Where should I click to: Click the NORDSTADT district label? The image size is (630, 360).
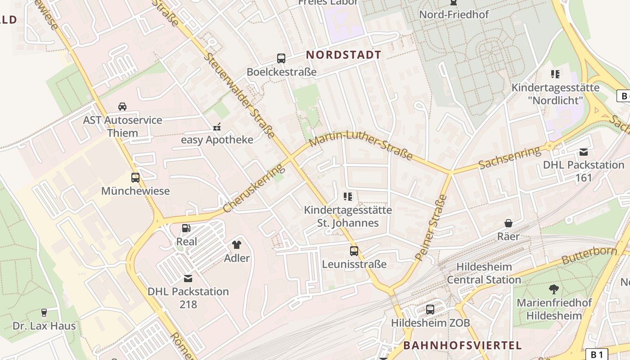(343, 55)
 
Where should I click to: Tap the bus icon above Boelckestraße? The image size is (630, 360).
(281, 58)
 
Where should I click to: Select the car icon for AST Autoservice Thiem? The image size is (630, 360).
(122, 107)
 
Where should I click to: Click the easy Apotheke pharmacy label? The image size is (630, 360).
(217, 139)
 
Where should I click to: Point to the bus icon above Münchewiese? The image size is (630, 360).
(135, 178)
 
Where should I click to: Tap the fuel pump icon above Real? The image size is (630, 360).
(186, 229)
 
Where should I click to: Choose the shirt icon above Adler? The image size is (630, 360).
(237, 245)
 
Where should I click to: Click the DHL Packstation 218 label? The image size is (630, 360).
(188, 298)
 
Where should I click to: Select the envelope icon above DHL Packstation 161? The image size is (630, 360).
(584, 152)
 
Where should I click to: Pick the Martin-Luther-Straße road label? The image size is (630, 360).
(361, 144)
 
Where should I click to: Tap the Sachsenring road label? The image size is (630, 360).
(509, 157)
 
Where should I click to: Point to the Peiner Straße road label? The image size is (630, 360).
(431, 228)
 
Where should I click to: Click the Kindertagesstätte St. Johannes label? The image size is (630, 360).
(348, 216)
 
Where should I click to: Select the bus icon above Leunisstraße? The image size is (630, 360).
(354, 251)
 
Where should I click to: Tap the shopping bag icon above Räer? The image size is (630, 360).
(508, 223)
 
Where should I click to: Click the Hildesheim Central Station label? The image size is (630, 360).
(484, 273)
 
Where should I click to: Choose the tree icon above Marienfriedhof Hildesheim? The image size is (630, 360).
(554, 289)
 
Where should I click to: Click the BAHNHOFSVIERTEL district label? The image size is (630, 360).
(463, 346)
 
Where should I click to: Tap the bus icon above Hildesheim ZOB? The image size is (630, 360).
(430, 310)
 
